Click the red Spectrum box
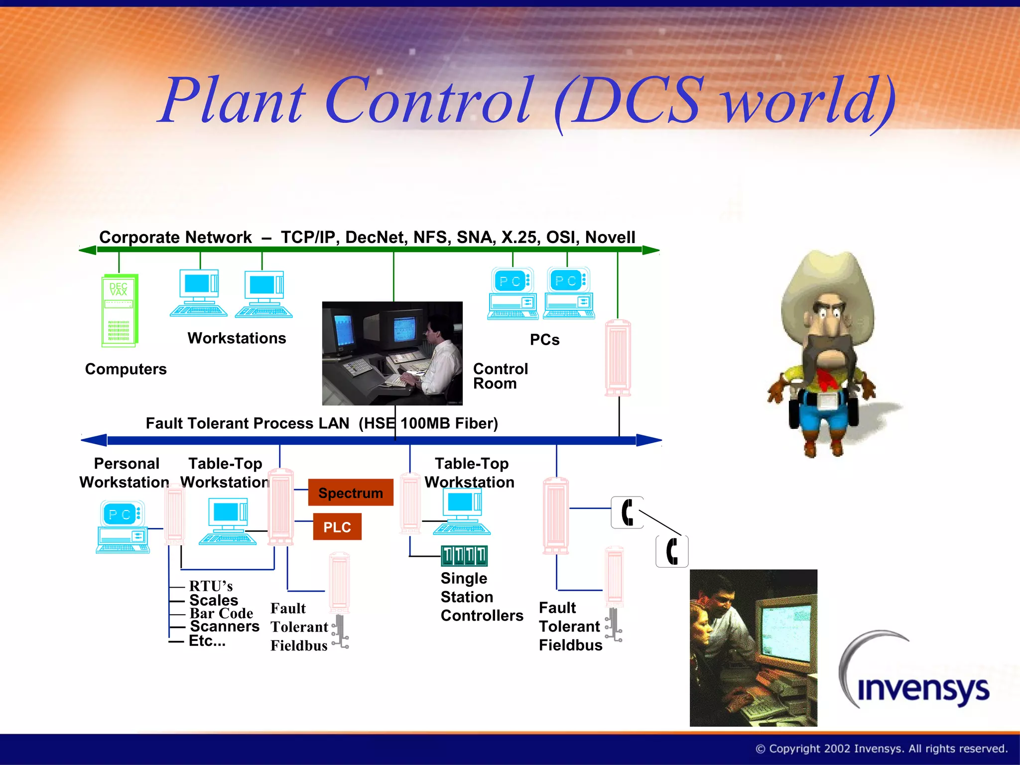point(351,493)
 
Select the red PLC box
point(337,527)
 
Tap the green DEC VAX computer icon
point(120,310)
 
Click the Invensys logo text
point(923,689)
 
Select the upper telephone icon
point(627,512)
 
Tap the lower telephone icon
point(672,551)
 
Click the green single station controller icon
point(464,556)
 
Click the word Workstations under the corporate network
point(237,338)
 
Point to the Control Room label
point(500,376)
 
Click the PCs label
point(544,340)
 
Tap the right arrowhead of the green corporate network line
point(651,250)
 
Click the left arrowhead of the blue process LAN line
point(93,440)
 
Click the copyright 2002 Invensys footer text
point(882,749)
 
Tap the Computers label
point(126,369)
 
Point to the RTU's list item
point(211,586)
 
